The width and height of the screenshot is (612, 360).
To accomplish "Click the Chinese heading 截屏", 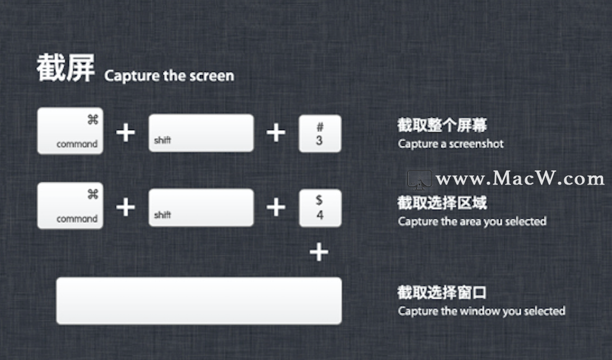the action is [66, 68].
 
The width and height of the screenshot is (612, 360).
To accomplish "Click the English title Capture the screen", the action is [169, 76].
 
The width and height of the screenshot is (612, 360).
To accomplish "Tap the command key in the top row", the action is [70, 131].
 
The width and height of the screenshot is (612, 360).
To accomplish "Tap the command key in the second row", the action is [70, 205].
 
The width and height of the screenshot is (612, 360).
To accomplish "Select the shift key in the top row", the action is [201, 133].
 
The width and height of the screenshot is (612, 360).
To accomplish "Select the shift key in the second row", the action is [201, 207].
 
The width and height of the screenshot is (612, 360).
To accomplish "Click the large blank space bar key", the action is [199, 301].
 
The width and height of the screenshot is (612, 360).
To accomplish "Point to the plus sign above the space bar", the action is [319, 252].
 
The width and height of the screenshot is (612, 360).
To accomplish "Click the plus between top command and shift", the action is [126, 132].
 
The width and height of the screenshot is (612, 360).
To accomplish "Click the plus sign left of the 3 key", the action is [276, 132].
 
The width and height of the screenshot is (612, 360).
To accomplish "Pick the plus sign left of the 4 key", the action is [276, 207].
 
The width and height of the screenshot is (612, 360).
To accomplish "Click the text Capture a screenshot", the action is [451, 144].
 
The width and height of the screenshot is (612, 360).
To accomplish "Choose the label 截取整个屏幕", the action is [442, 125].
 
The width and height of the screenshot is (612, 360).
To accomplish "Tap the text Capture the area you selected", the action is [472, 221].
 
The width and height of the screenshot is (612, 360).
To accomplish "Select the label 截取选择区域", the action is [442, 202].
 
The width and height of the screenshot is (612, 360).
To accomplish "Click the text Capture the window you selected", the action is [481, 311].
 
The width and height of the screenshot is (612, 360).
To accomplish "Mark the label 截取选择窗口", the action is [442, 293].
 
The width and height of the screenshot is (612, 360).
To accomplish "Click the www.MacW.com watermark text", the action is [520, 178].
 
